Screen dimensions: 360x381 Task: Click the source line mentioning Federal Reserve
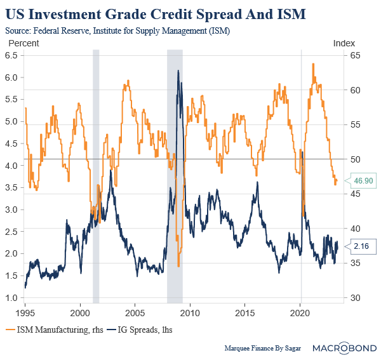click(x=117, y=30)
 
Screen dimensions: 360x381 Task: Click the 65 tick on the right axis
click(x=355, y=55)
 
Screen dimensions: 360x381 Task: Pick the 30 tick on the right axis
click(x=355, y=298)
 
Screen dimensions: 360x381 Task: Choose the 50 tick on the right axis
click(x=355, y=159)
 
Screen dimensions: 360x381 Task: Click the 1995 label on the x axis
click(x=25, y=314)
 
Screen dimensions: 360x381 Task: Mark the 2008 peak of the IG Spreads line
click(x=178, y=70)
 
